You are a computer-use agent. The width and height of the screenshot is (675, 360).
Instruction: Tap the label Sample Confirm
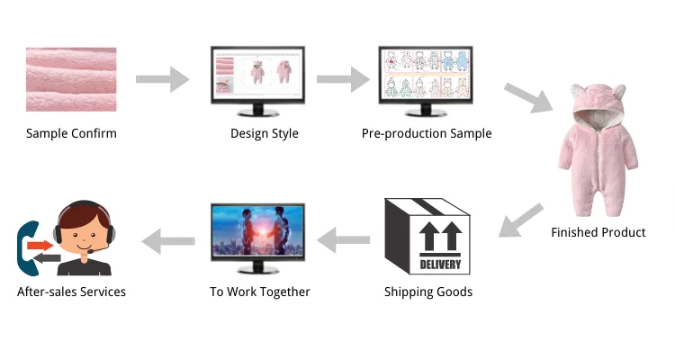point(71,134)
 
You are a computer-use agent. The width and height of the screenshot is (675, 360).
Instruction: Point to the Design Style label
point(265,134)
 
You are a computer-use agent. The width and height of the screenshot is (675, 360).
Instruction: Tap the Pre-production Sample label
point(427,134)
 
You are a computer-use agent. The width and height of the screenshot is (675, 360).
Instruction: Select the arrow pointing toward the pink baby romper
point(528,97)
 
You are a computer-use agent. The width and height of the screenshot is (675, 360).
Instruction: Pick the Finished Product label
point(598,232)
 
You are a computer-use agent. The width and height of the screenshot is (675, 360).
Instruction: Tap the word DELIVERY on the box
point(441,265)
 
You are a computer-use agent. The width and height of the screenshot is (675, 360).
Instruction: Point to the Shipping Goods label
point(428,292)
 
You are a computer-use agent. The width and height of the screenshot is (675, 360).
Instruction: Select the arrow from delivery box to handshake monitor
point(346,239)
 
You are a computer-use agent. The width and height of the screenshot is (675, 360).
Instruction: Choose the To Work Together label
point(259,292)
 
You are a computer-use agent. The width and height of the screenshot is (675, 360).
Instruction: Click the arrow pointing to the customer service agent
point(169,239)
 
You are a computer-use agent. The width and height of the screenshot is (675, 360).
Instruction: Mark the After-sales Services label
point(71,292)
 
